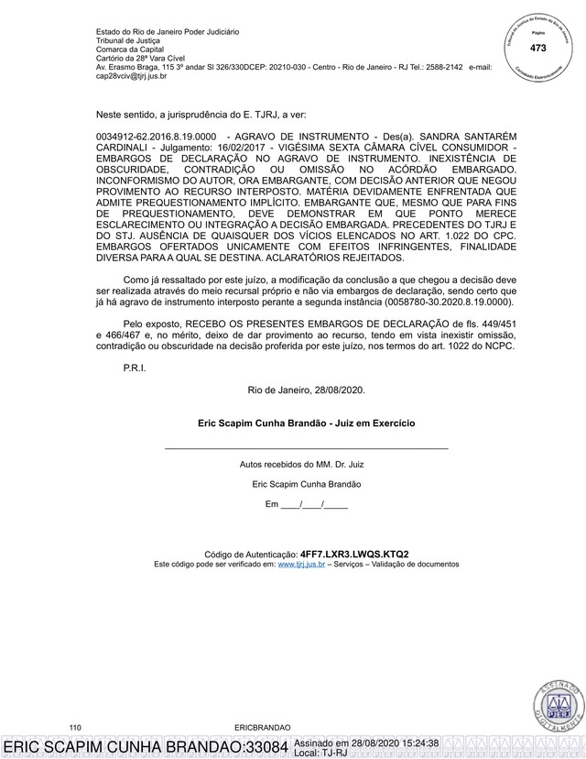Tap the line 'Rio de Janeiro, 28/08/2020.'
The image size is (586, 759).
coord(307,390)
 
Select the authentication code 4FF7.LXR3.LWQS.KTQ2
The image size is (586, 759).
coord(354,555)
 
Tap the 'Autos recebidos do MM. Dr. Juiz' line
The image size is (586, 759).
coord(307,464)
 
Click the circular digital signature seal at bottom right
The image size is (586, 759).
coord(554,704)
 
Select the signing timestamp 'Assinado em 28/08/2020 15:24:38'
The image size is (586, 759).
coord(367,742)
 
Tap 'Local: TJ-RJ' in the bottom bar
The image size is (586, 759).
coord(321,753)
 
